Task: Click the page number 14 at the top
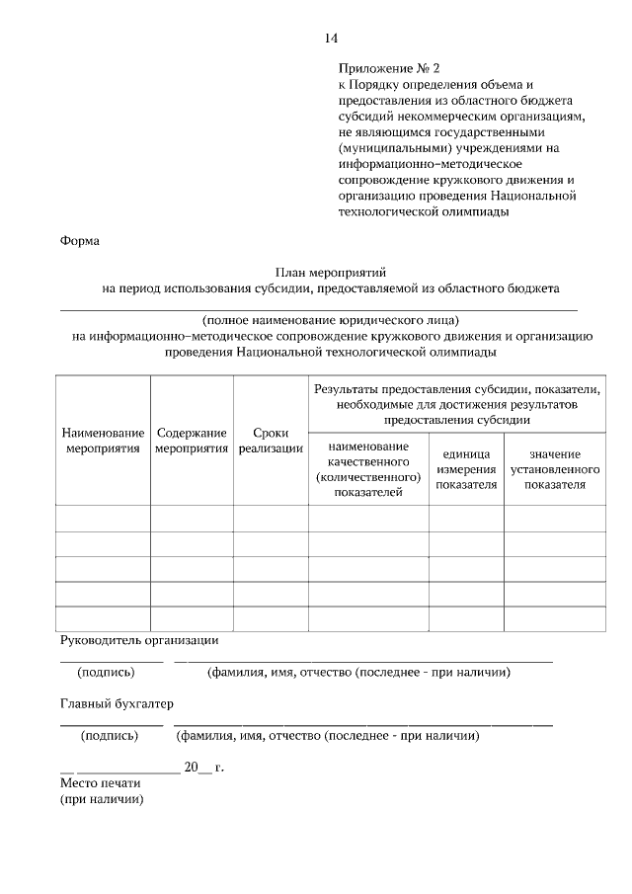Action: tap(331, 38)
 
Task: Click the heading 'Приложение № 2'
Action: tap(388, 69)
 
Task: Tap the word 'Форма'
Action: tap(80, 239)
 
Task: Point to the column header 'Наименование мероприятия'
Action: tap(104, 441)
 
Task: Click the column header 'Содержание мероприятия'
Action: tap(192, 441)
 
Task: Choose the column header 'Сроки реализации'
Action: tap(271, 441)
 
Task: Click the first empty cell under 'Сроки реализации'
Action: tap(271, 518)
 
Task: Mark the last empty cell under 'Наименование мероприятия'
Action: tap(104, 618)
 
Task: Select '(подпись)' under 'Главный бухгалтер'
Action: tap(110, 735)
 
